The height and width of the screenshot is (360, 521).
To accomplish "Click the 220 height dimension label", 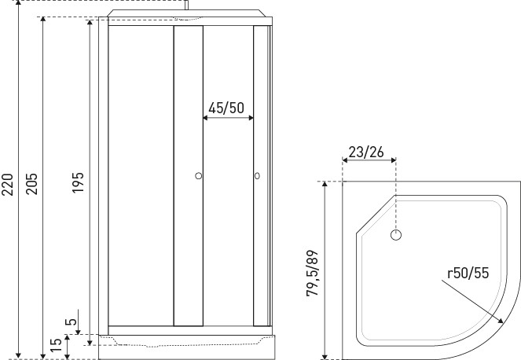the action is pos(7,184).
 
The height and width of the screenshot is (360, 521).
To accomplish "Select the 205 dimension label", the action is pos(32,183).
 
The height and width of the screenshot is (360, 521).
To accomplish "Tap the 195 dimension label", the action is pos(78,182).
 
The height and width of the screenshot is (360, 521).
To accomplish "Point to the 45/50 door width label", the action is pos(226,108).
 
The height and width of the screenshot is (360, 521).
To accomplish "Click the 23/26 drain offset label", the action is pos(366,152).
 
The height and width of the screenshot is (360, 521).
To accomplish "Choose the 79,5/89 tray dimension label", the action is pos(312,273).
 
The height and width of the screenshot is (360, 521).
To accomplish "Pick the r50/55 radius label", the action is pos(468,273).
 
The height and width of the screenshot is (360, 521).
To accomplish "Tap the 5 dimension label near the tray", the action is pos(71,321).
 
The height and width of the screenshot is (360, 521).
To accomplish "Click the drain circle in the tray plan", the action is pos(396,235).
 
